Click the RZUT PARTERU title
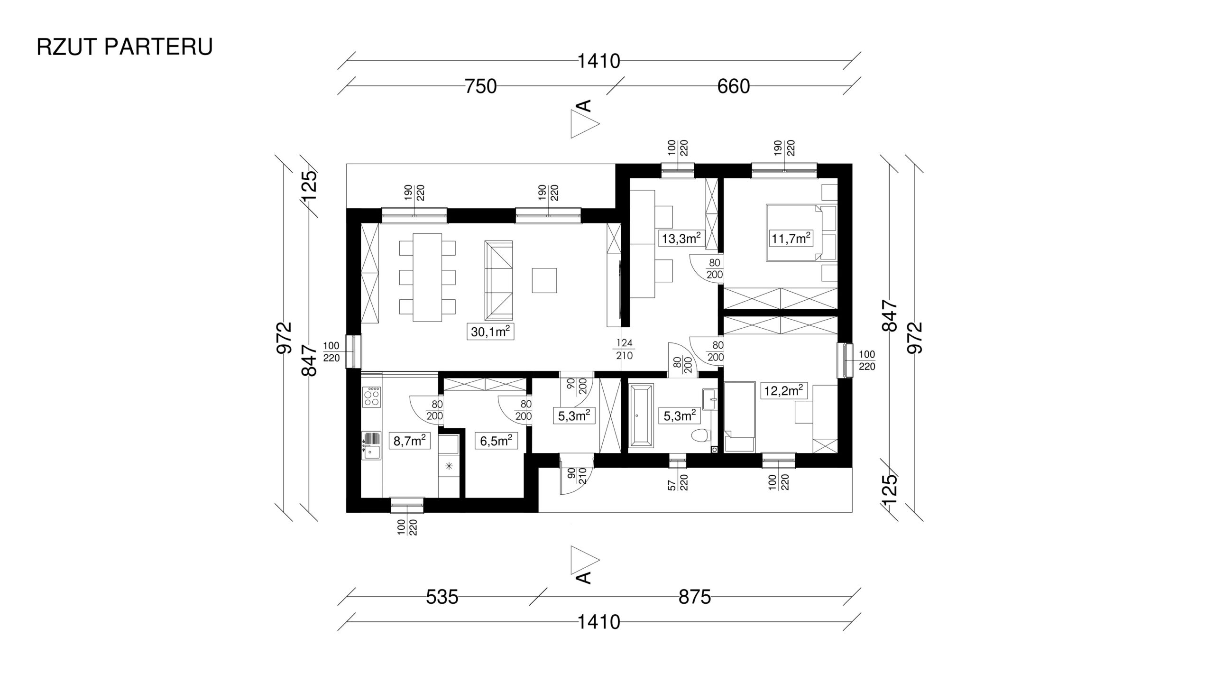(x=125, y=47)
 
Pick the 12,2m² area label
(x=783, y=391)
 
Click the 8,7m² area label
(x=409, y=441)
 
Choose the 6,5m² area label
(x=496, y=441)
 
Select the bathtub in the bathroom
(x=642, y=415)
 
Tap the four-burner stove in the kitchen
(x=371, y=397)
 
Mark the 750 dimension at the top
(x=480, y=87)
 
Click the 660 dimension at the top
(x=734, y=87)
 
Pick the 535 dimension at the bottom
(x=442, y=597)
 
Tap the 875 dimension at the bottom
(x=695, y=597)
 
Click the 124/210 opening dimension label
(x=625, y=349)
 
